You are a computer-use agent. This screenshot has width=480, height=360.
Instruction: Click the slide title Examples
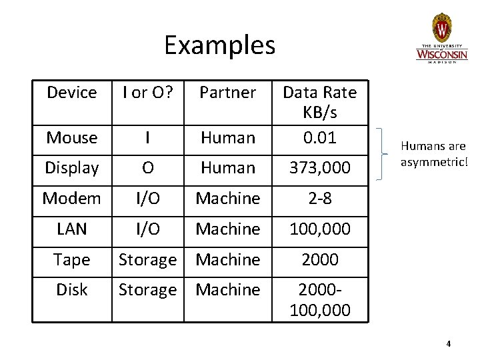pos(219,45)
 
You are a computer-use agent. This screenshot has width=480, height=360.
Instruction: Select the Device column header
pos(71,93)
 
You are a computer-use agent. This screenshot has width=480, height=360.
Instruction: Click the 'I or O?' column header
pos(146,93)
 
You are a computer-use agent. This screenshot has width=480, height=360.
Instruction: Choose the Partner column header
pos(228,93)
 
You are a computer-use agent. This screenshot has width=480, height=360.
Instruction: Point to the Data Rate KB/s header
pos(319,102)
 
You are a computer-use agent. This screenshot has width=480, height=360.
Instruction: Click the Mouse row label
pos(71,138)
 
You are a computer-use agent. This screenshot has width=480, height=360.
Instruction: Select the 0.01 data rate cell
pos(319,138)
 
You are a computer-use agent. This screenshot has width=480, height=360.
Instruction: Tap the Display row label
pos(71,168)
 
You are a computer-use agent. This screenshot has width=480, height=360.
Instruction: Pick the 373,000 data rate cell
pos(319,169)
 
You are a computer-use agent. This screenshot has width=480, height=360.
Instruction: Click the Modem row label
pos(71,199)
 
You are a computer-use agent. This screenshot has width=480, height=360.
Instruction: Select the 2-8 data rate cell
pos(319,199)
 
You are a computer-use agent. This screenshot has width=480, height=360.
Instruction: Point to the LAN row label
pos(71,229)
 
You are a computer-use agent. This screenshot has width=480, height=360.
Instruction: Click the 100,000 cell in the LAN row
pos(319,229)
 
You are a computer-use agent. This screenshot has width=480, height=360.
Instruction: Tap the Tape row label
pos(71,259)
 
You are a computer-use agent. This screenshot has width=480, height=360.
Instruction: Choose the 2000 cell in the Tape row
pos(319,259)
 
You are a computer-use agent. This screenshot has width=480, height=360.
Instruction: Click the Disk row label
pos(71,290)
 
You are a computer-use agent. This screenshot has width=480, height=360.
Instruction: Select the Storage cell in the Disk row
pos(147,290)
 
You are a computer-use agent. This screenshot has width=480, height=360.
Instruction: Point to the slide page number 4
pos(449,343)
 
